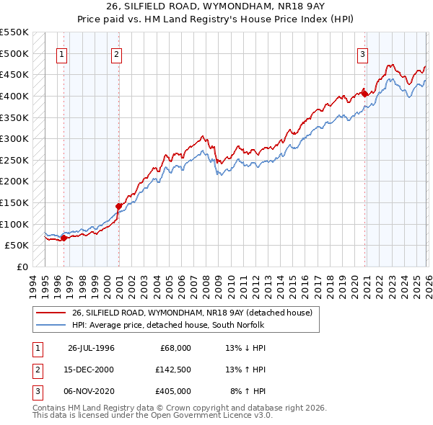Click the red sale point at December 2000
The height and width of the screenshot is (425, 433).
click(x=119, y=206)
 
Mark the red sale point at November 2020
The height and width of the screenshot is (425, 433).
click(x=364, y=94)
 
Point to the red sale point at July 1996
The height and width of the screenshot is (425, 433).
click(x=64, y=238)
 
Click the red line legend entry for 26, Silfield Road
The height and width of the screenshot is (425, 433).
click(x=191, y=313)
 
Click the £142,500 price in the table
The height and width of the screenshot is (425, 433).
click(x=173, y=370)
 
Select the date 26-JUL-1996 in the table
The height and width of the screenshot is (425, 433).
click(x=91, y=348)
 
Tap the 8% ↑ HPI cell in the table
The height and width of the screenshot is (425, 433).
click(x=248, y=391)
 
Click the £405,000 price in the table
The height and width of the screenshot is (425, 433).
click(x=173, y=391)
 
